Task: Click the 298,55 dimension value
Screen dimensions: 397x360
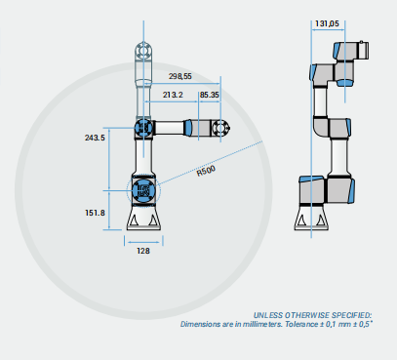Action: (180, 76)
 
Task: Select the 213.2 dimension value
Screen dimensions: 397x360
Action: (173, 95)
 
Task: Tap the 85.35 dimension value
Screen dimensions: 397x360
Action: (210, 95)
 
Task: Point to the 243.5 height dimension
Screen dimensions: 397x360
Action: (95, 138)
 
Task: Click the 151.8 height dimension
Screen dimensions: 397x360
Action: (95, 213)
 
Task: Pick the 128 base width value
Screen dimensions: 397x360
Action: (143, 251)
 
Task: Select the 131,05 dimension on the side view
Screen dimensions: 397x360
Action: (327, 23)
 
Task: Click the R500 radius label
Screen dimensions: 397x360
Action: (206, 171)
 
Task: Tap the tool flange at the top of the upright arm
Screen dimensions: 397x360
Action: (143, 51)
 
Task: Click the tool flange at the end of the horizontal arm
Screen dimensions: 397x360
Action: (221, 128)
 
